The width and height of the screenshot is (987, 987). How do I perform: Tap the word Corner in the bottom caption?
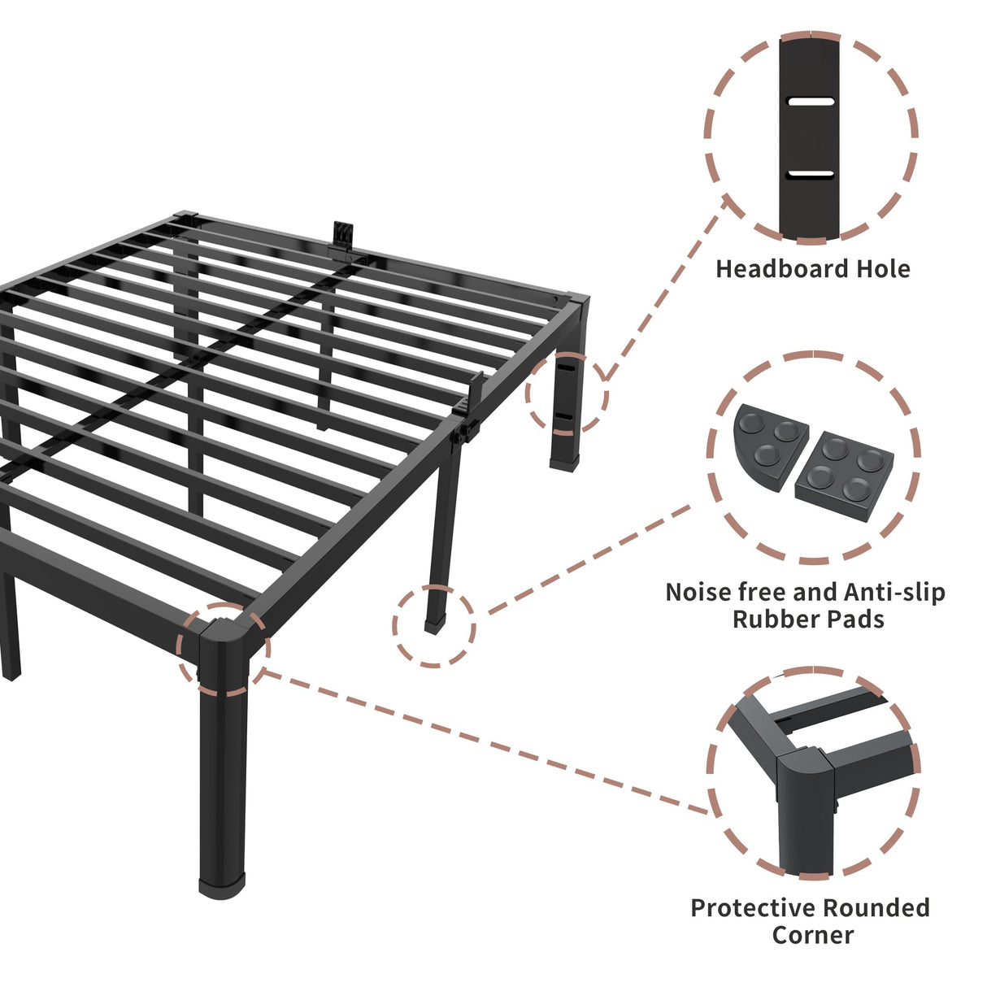(x=813, y=935)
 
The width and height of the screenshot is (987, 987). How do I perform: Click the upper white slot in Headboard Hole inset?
(x=811, y=102)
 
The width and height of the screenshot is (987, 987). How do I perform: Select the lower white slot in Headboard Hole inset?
(x=811, y=174)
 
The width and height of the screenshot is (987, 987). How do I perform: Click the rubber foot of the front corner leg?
(x=222, y=884)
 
